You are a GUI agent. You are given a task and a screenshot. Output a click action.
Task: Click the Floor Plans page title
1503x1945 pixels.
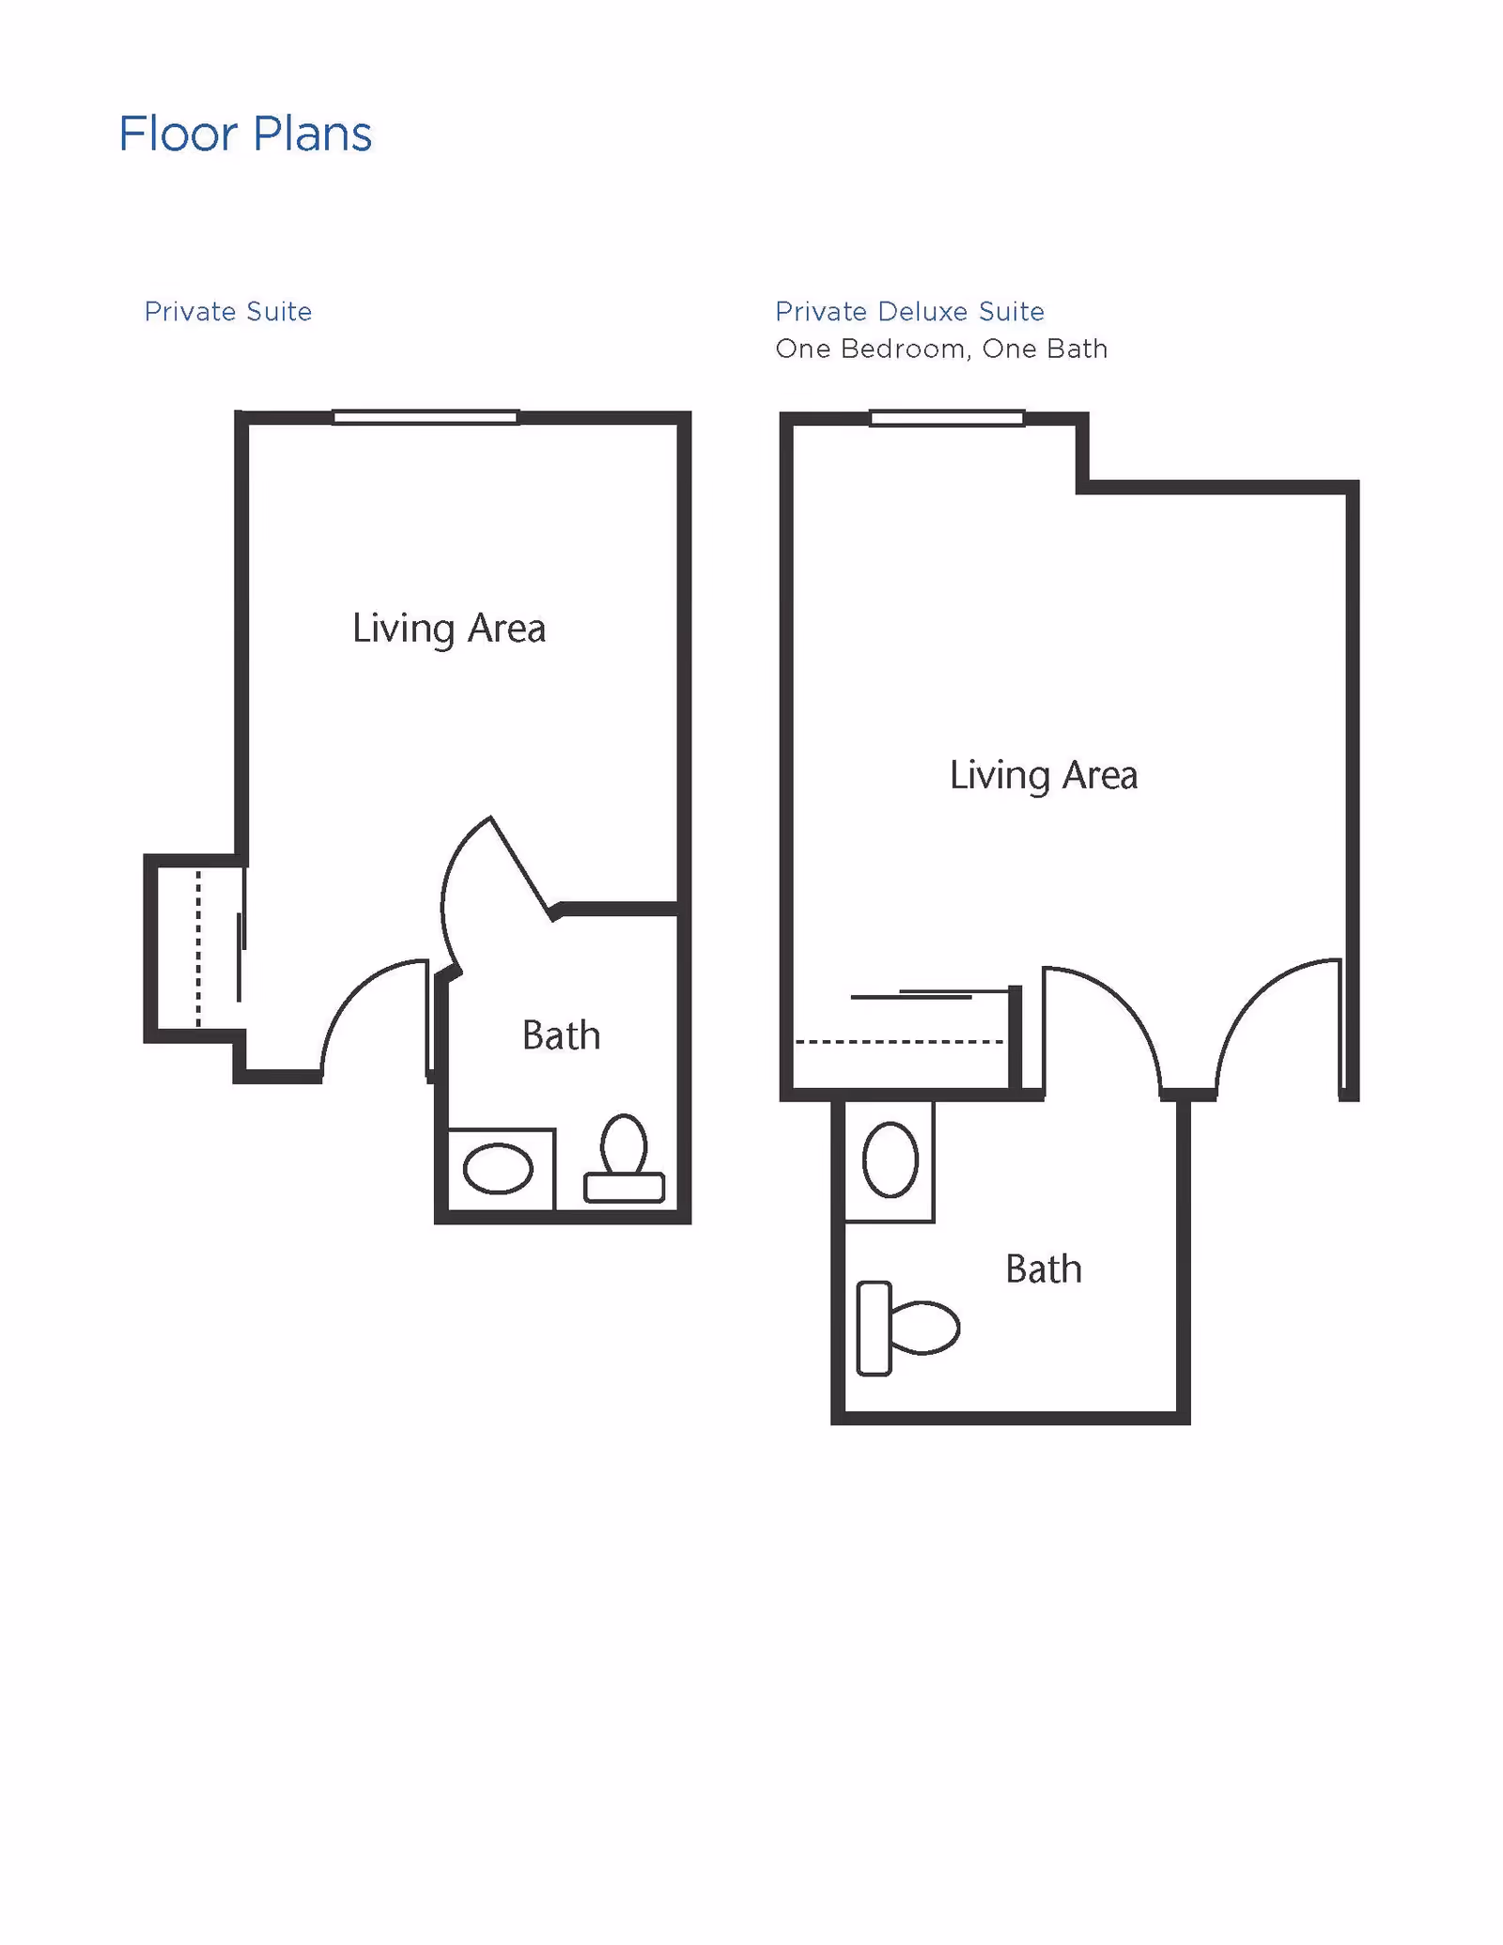tap(245, 134)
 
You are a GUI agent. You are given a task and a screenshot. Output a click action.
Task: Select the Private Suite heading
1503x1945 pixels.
tap(228, 312)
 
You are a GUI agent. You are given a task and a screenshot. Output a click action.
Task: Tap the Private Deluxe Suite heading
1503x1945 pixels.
tap(909, 312)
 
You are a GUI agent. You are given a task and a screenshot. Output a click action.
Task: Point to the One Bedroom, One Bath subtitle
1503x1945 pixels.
tap(941, 350)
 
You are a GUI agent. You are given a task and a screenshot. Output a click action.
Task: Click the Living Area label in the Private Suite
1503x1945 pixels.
tap(449, 629)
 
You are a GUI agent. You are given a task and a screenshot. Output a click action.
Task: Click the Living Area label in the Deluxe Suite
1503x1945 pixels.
tap(1044, 776)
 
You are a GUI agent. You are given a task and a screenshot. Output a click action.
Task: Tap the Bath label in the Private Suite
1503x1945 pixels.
tap(561, 1035)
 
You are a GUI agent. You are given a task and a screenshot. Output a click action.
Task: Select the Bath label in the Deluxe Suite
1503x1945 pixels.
tap(1044, 1269)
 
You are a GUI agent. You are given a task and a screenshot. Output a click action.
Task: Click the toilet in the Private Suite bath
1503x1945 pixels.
tap(624, 1159)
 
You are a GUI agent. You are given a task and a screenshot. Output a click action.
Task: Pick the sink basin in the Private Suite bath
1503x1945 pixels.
tap(498, 1169)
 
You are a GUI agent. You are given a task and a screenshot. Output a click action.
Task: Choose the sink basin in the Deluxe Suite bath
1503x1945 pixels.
tap(890, 1160)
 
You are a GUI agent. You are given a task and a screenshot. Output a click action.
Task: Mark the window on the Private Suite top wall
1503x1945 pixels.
tap(426, 417)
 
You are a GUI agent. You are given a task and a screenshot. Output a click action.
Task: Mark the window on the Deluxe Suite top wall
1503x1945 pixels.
tap(947, 418)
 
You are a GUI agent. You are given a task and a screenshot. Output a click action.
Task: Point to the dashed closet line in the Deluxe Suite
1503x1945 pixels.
tap(899, 1042)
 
